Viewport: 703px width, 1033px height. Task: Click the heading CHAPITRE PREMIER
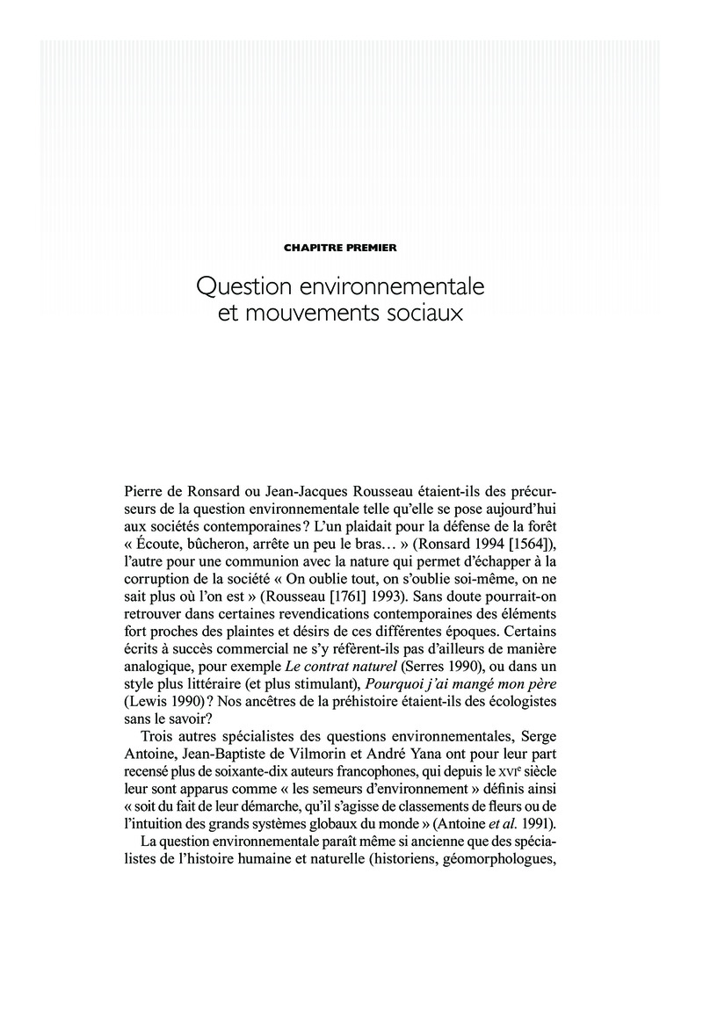pyautogui.click(x=340, y=249)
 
